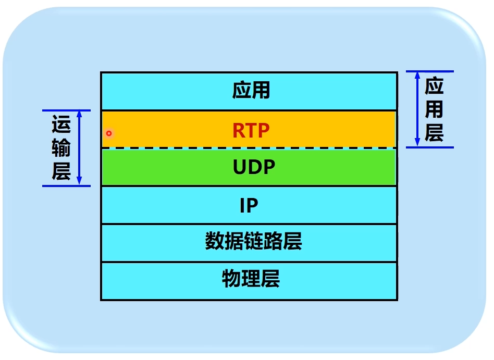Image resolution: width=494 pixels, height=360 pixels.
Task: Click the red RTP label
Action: coord(251,130)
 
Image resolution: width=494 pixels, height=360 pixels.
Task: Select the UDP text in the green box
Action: coord(254,167)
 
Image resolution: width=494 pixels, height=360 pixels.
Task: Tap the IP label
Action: coord(249,206)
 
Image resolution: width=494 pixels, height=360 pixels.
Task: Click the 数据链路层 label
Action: coord(253,242)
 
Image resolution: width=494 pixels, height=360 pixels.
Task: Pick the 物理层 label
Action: coord(251,279)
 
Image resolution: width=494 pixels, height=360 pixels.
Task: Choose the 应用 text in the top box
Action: coord(251,91)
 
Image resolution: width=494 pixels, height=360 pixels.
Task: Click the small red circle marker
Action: coord(109,133)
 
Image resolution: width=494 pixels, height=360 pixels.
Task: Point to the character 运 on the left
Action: coord(61,127)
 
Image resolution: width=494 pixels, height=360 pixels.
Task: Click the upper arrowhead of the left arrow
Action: coord(79,114)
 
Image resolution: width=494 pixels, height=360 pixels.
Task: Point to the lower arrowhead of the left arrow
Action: coord(79,181)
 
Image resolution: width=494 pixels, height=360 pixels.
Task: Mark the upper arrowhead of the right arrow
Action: coord(417,76)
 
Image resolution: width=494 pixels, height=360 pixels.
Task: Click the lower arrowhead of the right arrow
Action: coord(417,142)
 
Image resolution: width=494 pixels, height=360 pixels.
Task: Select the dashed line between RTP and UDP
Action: coord(249,148)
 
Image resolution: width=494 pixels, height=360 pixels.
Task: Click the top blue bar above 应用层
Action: coord(430,71)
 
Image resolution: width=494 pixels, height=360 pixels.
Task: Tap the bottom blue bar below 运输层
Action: coord(66,185)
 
